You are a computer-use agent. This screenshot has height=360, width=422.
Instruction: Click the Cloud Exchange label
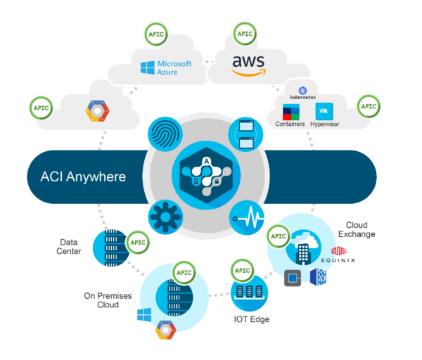(356, 229)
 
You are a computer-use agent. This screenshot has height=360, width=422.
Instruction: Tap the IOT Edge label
(252, 319)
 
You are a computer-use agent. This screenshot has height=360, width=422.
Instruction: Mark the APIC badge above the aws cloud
(244, 33)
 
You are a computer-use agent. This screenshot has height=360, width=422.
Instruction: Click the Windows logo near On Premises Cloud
(146, 314)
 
